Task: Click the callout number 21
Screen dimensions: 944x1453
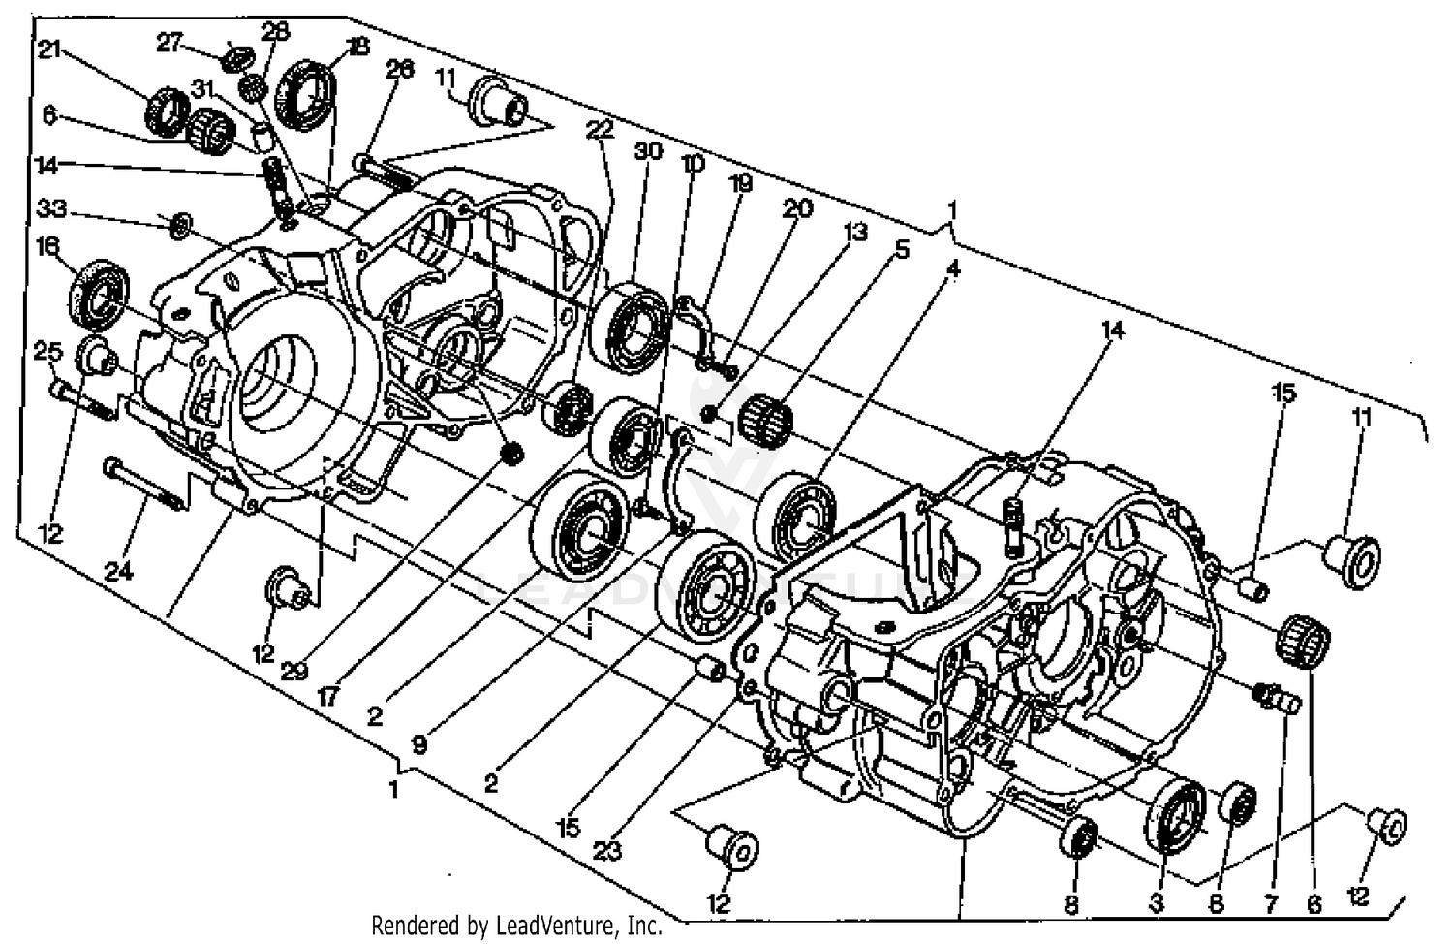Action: pos(48,49)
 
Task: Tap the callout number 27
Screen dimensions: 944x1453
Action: pos(170,43)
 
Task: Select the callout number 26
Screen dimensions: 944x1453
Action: pos(399,69)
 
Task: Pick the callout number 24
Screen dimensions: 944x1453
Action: pos(118,572)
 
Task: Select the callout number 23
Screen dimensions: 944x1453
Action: pos(607,850)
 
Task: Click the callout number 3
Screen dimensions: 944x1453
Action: pos(1156,903)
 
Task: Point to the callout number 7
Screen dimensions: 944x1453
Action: pos(1271,903)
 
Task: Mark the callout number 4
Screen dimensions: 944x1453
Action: pos(953,268)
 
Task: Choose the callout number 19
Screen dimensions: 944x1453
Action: pos(741,183)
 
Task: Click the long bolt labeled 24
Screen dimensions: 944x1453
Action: pos(145,484)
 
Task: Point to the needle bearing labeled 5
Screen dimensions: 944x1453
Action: pos(766,419)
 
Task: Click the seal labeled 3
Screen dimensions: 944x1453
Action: pos(1175,812)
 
